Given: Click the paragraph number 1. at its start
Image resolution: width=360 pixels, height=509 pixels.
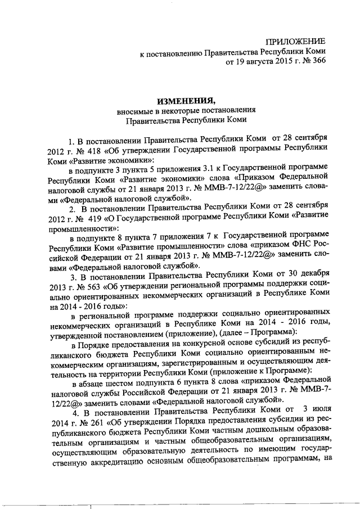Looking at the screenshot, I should click(x=71, y=138).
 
